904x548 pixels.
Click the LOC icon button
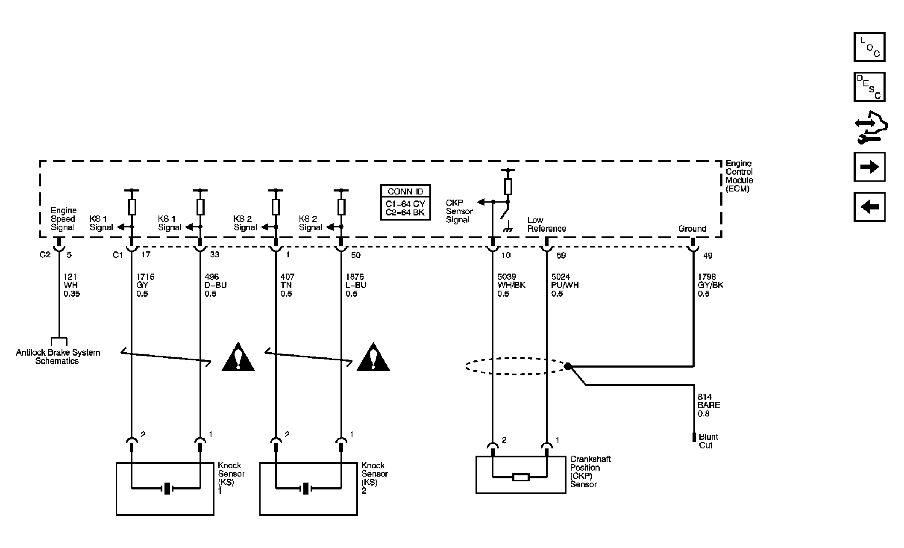point(869,47)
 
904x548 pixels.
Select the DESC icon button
point(869,87)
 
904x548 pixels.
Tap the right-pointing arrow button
point(869,167)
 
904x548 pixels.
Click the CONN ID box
point(405,202)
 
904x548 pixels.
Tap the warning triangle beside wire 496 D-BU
point(238,357)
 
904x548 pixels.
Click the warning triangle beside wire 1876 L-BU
point(373,357)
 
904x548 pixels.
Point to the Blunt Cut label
point(708,441)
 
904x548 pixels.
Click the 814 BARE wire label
point(709,405)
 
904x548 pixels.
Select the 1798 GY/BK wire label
point(710,285)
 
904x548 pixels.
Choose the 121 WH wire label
point(71,285)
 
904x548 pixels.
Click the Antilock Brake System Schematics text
point(58,356)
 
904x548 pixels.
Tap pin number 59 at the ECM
point(561,255)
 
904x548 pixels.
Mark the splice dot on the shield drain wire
point(568,366)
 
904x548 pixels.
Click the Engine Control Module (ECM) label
point(739,176)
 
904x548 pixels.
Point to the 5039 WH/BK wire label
point(511,285)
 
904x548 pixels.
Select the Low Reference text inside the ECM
point(546,224)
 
